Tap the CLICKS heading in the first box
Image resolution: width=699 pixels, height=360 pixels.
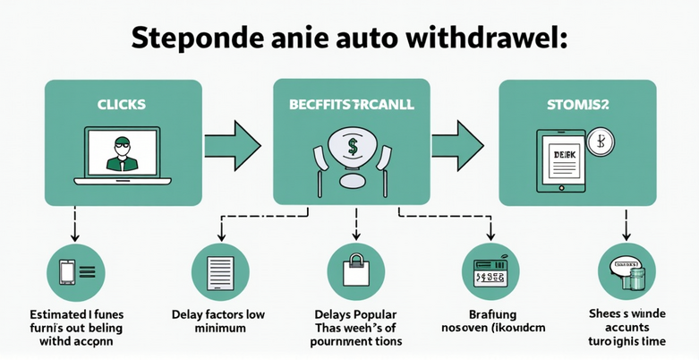[122, 106]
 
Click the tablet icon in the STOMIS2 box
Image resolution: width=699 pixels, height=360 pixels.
[562, 161]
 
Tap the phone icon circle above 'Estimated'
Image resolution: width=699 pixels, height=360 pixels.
[73, 272]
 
